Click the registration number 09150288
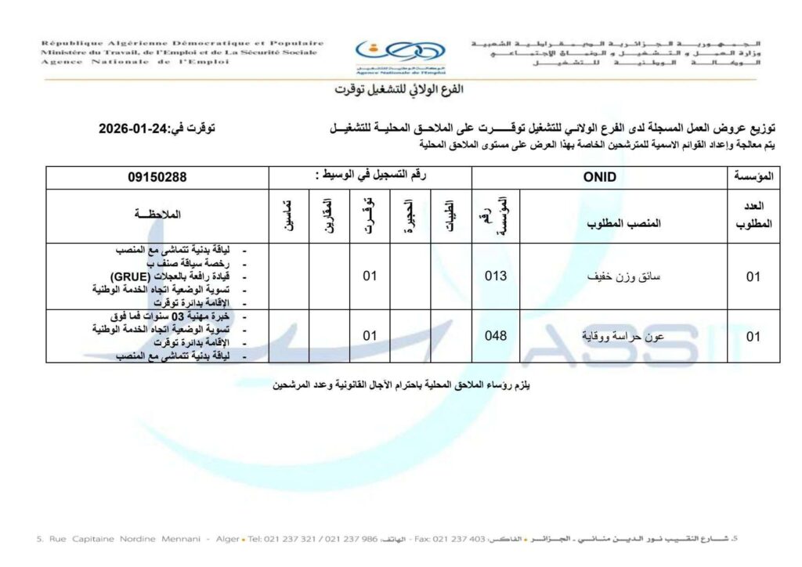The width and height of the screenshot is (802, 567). [157, 177]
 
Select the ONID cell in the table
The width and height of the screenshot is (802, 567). [600, 177]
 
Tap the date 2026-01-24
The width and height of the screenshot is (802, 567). [137, 128]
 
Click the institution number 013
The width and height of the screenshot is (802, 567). [496, 276]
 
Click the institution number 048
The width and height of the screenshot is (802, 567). [496, 335]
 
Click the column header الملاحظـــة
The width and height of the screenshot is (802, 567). [157, 214]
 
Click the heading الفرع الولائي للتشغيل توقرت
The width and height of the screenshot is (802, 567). [399, 89]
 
